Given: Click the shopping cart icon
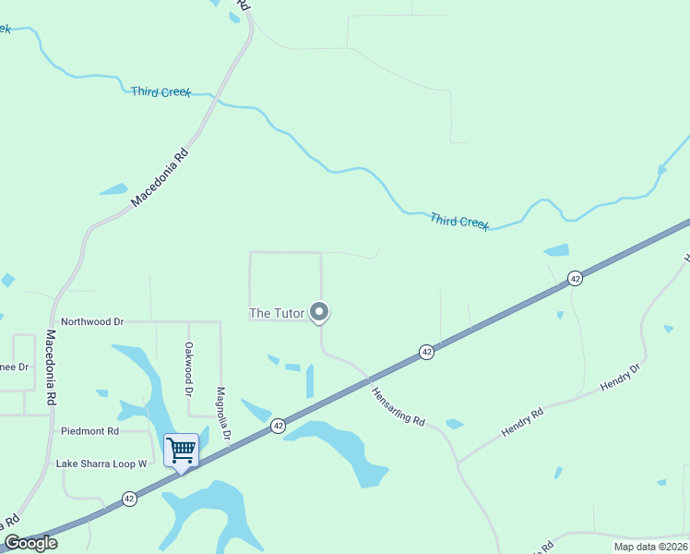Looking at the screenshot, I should (182, 452).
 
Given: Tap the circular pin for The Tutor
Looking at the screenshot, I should (319, 312).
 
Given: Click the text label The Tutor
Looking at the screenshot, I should (277, 313).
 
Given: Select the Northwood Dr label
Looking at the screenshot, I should (92, 321).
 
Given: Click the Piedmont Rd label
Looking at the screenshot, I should (89, 431).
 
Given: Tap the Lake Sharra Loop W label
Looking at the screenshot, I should (101, 464).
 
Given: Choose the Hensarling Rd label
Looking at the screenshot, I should (399, 405).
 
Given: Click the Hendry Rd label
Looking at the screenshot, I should (522, 422).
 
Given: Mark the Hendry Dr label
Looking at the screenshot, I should (620, 378).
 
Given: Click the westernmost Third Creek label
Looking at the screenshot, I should (161, 91).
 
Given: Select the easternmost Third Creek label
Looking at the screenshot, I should (459, 221).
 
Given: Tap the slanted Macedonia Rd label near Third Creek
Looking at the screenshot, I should (160, 177).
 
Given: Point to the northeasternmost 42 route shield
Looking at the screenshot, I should (575, 278).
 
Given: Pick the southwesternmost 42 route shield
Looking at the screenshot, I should (129, 499).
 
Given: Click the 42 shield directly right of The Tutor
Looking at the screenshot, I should (426, 352).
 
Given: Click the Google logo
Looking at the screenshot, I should (30, 543).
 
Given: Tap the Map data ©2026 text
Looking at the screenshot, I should (650, 547).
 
